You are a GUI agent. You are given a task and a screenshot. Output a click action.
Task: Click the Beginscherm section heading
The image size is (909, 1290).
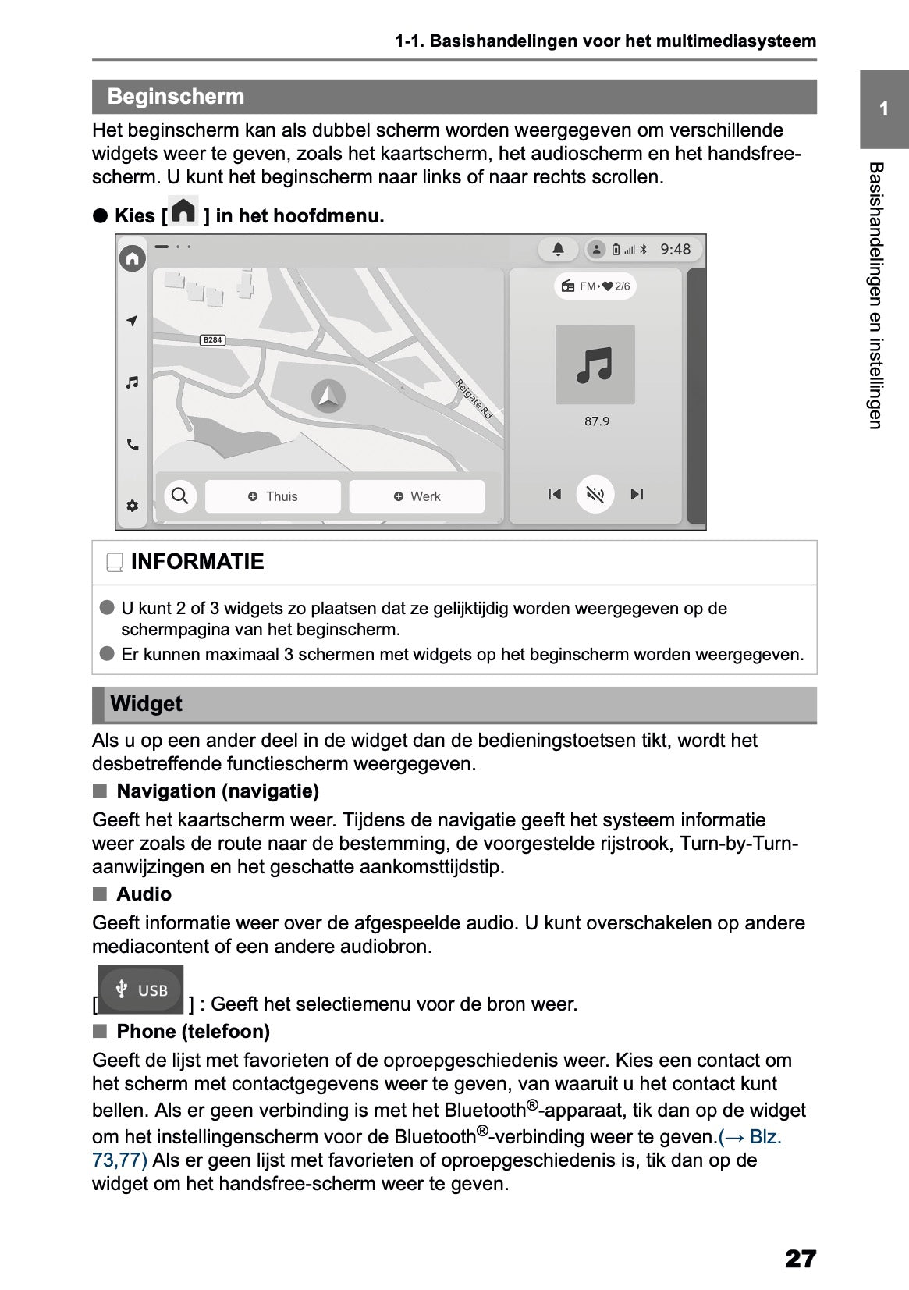click(x=176, y=97)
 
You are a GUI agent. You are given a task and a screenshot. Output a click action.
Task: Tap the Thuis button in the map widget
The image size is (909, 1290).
click(x=273, y=496)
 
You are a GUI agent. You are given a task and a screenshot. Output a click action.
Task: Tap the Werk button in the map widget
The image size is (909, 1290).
click(x=417, y=496)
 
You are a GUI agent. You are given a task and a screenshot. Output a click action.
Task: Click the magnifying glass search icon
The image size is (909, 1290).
click(x=179, y=496)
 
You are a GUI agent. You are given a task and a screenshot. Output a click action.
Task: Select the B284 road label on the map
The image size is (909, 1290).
click(x=212, y=339)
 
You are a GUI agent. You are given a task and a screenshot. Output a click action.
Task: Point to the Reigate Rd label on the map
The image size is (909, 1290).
click(x=474, y=400)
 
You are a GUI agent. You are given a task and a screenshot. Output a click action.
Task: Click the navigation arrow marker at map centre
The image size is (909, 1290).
click(x=328, y=396)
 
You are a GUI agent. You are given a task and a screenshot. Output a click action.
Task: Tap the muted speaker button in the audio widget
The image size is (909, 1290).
click(x=595, y=494)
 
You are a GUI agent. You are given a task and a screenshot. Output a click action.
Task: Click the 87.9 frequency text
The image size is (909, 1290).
click(x=596, y=421)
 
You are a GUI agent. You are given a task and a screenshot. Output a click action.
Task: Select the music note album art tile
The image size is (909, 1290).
click(x=595, y=364)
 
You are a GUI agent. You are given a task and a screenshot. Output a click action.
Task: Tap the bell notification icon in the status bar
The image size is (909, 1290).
click(x=559, y=249)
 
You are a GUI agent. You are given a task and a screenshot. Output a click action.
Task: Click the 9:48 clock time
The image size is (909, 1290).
click(x=675, y=249)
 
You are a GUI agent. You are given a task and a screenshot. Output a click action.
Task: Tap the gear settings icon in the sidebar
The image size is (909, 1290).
click(x=133, y=506)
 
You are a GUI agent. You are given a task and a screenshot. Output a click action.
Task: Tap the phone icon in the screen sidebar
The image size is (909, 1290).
click(x=133, y=445)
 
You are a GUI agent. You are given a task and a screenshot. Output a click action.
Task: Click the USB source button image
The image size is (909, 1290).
click(x=141, y=990)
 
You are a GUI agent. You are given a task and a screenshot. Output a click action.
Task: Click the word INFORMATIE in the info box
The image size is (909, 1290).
click(x=197, y=562)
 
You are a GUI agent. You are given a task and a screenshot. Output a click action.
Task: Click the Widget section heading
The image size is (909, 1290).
click(x=146, y=704)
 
